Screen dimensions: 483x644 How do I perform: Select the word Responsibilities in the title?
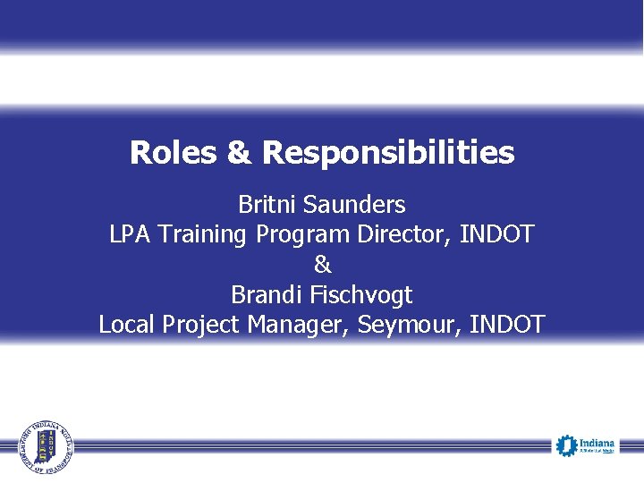pyautogui.click(x=387, y=153)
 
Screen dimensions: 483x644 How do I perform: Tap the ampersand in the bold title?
pyautogui.click(x=239, y=153)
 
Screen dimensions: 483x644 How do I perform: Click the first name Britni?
pyautogui.click(x=267, y=205)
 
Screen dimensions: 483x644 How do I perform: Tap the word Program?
pyautogui.click(x=304, y=235)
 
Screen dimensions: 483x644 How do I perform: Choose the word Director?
pyautogui.click(x=405, y=234)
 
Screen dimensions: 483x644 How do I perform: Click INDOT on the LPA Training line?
pyautogui.click(x=496, y=234)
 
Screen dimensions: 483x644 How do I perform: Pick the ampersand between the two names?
pyautogui.click(x=322, y=265)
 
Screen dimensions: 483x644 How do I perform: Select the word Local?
pyautogui.click(x=127, y=324)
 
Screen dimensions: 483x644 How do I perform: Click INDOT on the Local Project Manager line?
pyautogui.click(x=504, y=324)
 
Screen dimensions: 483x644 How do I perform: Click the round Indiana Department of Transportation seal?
pyautogui.click(x=47, y=445)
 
